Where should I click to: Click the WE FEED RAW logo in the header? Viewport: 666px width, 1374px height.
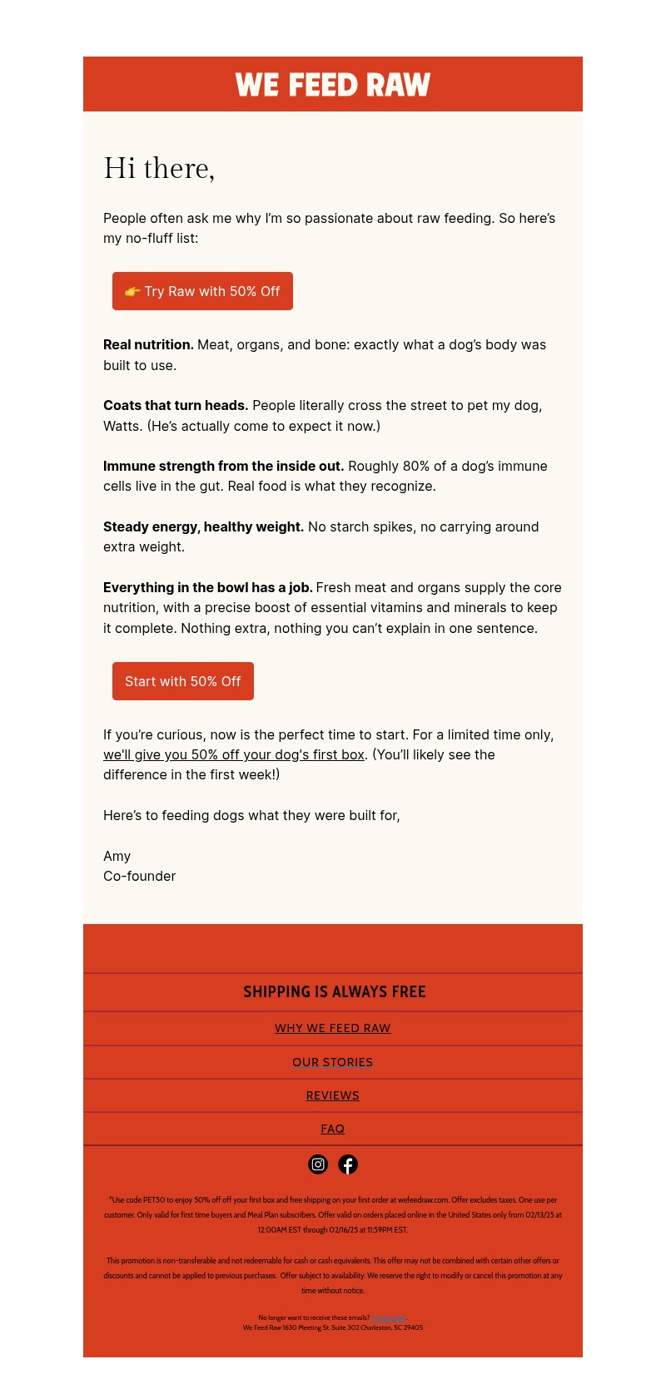click(333, 85)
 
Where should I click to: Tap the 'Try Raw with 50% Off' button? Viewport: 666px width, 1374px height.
click(202, 291)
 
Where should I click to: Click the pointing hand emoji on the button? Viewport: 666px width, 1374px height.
click(132, 291)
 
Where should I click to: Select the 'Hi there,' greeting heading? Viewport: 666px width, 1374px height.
click(159, 168)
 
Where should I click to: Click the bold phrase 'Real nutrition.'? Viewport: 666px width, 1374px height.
click(148, 345)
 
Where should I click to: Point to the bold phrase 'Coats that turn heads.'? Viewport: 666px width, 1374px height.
click(176, 406)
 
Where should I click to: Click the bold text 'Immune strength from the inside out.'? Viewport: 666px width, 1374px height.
click(223, 467)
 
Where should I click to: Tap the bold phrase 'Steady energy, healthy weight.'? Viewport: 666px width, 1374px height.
click(203, 527)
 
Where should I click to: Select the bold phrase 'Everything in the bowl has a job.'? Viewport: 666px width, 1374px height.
click(207, 588)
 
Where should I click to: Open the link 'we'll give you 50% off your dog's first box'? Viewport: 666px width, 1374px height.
click(234, 755)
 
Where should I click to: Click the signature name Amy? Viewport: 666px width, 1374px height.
click(117, 857)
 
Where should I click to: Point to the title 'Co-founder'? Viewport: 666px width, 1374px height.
click(140, 877)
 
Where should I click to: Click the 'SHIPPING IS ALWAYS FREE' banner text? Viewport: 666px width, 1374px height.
click(334, 992)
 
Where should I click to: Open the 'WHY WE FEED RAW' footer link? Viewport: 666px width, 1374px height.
click(333, 1029)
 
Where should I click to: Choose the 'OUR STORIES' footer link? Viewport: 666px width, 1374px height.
click(333, 1063)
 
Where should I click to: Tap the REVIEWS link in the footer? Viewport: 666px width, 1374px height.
click(333, 1096)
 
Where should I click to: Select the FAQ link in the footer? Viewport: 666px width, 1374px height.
click(333, 1129)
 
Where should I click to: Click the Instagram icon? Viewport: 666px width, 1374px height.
click(318, 1164)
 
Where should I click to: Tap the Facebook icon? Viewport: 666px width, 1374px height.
click(348, 1164)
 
